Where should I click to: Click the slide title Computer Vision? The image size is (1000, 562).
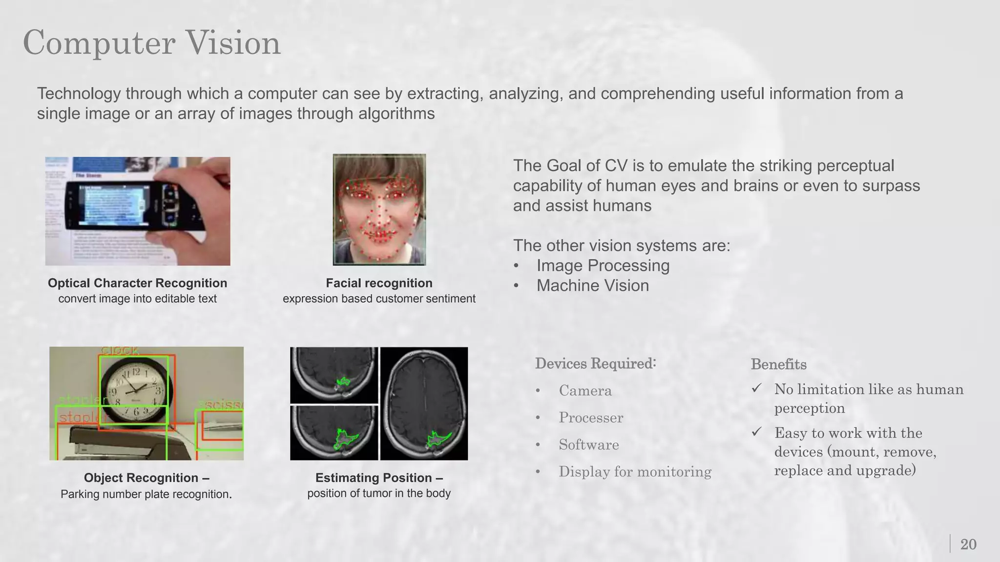pos(152,43)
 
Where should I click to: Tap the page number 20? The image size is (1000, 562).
pos(968,544)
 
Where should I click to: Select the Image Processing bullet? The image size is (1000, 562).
pos(603,265)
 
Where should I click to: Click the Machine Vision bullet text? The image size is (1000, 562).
pos(592,285)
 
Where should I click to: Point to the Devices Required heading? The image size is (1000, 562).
pos(595,363)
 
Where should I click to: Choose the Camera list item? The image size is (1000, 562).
pos(585,391)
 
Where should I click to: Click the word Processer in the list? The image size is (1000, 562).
pos(591,418)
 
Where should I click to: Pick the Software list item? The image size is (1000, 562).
pos(588,445)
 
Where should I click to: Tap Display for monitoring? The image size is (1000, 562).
pos(635,472)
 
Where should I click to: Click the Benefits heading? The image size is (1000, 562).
pos(778,364)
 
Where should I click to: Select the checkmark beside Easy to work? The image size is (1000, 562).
pos(757,432)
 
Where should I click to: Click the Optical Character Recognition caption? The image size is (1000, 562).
pos(137,283)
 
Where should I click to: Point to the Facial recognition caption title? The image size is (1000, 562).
pos(379,283)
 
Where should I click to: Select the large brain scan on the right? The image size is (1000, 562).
pos(424,403)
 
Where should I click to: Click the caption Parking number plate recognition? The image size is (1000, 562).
pos(146,494)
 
